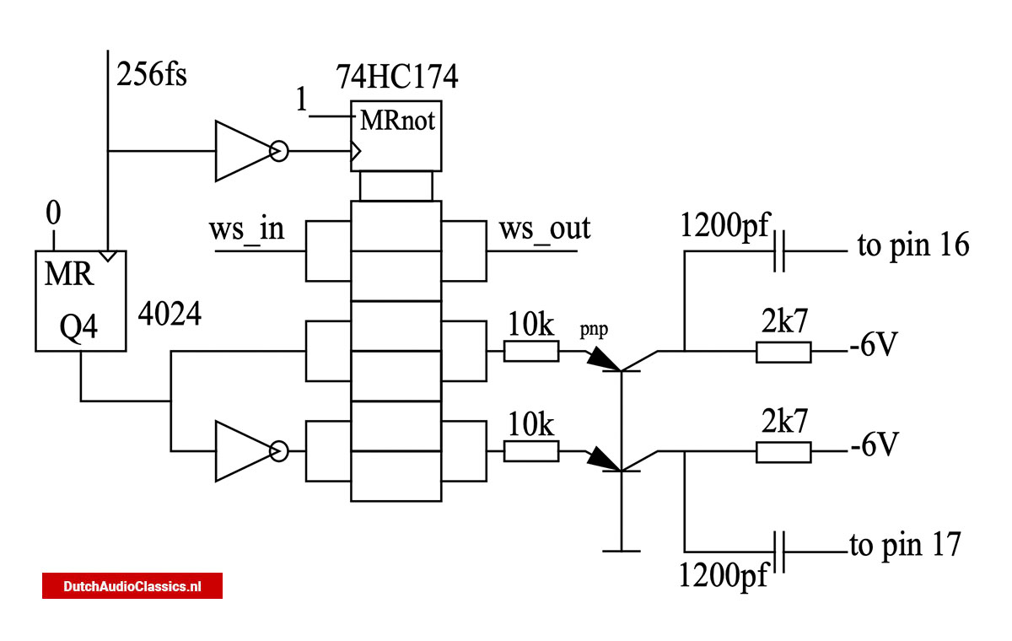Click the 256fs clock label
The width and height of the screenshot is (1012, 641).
tap(153, 75)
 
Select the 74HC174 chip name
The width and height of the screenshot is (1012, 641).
tap(396, 78)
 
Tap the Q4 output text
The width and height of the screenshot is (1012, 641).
tap(80, 327)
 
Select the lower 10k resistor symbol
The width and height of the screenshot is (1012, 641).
tap(530, 451)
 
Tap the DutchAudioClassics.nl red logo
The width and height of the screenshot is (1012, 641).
tap(132, 586)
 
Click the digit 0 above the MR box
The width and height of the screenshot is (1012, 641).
tap(53, 214)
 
